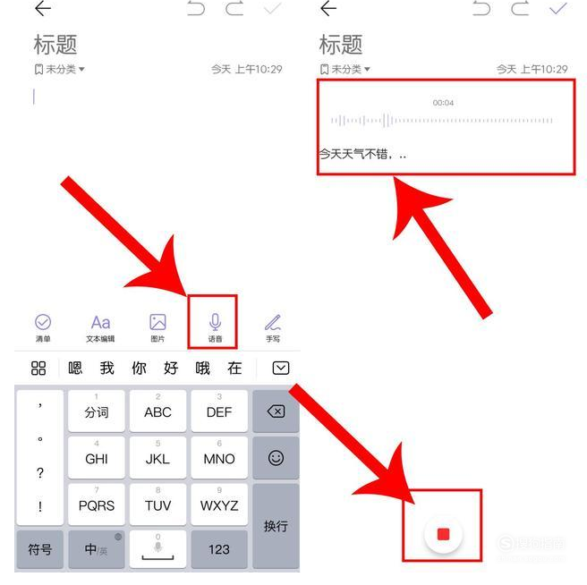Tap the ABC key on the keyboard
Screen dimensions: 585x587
pyautogui.click(x=157, y=411)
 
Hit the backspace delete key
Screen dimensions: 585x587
pyautogui.click(x=276, y=411)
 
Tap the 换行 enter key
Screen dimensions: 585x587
pyautogui.click(x=276, y=525)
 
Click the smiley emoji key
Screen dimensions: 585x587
pyautogui.click(x=276, y=458)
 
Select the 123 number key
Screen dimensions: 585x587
pyautogui.click(x=218, y=549)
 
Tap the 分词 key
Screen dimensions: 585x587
pyautogui.click(x=97, y=411)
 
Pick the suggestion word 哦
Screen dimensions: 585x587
pyautogui.click(x=202, y=368)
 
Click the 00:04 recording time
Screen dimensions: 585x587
pyautogui.click(x=443, y=103)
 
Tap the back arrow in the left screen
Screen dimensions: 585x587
pyautogui.click(x=42, y=9)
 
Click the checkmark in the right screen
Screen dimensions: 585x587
pyautogui.click(x=558, y=9)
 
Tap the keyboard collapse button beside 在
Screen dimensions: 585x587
pyautogui.click(x=281, y=368)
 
